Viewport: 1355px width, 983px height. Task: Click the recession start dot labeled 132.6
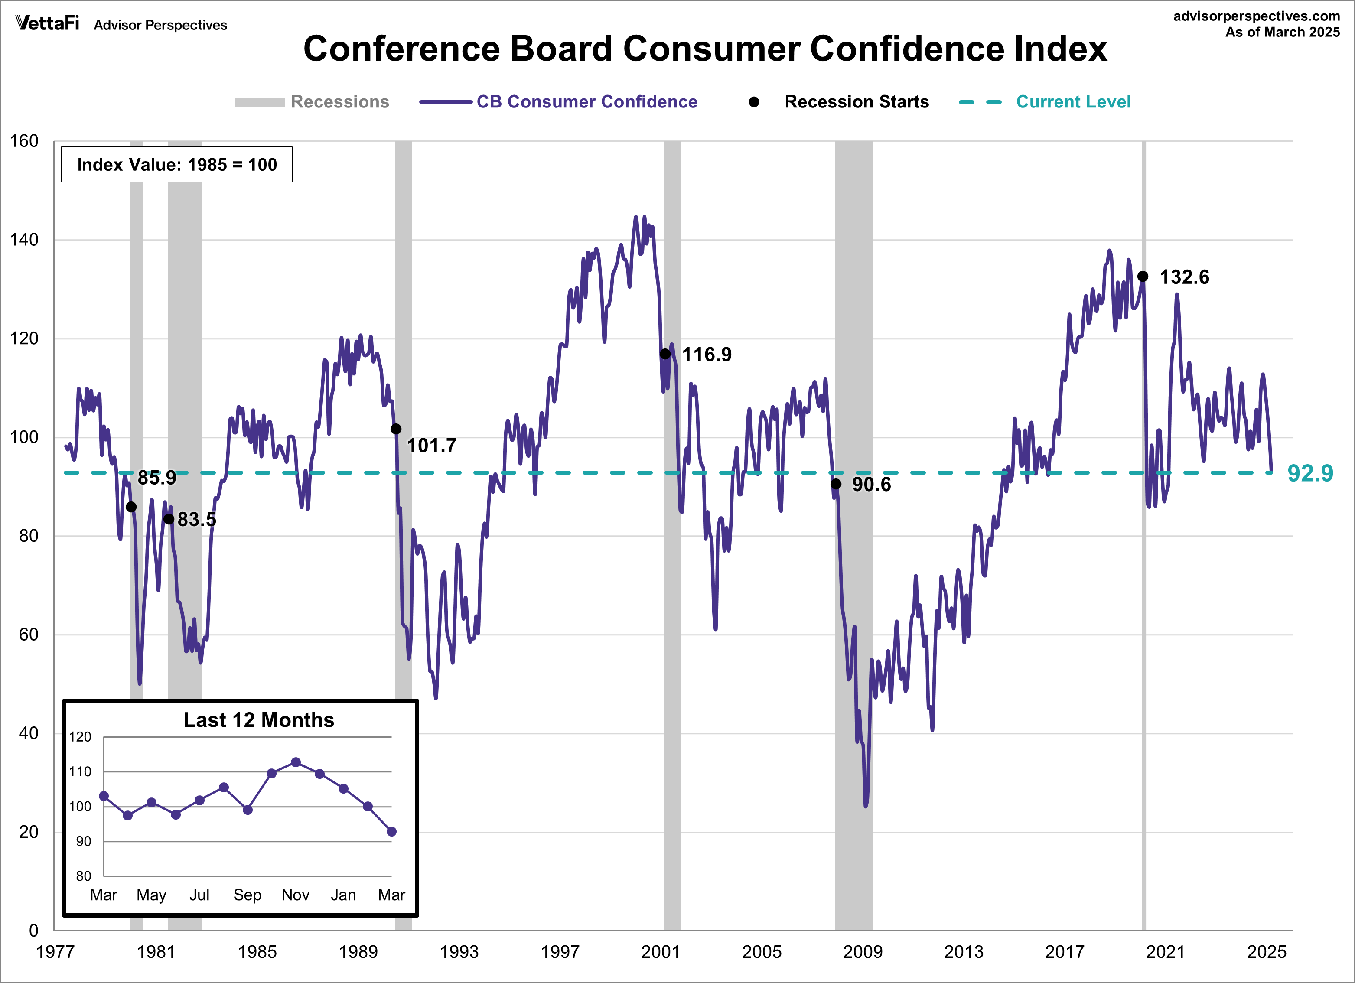click(1142, 276)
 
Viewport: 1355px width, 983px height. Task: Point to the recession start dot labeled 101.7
click(395, 429)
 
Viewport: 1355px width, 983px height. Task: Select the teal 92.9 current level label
click(1309, 473)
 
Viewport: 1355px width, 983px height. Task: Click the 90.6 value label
click(871, 484)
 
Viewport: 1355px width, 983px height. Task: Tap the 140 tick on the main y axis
click(24, 240)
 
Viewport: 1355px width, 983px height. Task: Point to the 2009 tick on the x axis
click(862, 951)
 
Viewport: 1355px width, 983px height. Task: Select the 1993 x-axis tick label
click(459, 951)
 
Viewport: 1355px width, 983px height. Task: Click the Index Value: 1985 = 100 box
click(177, 164)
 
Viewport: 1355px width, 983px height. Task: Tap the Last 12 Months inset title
click(259, 719)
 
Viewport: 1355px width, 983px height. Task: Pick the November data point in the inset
click(296, 762)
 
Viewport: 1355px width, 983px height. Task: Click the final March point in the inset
click(391, 831)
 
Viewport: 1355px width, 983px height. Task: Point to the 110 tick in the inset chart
click(80, 771)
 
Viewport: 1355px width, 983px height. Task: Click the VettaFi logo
click(47, 23)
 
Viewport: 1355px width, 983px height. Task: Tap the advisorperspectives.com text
click(1257, 16)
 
